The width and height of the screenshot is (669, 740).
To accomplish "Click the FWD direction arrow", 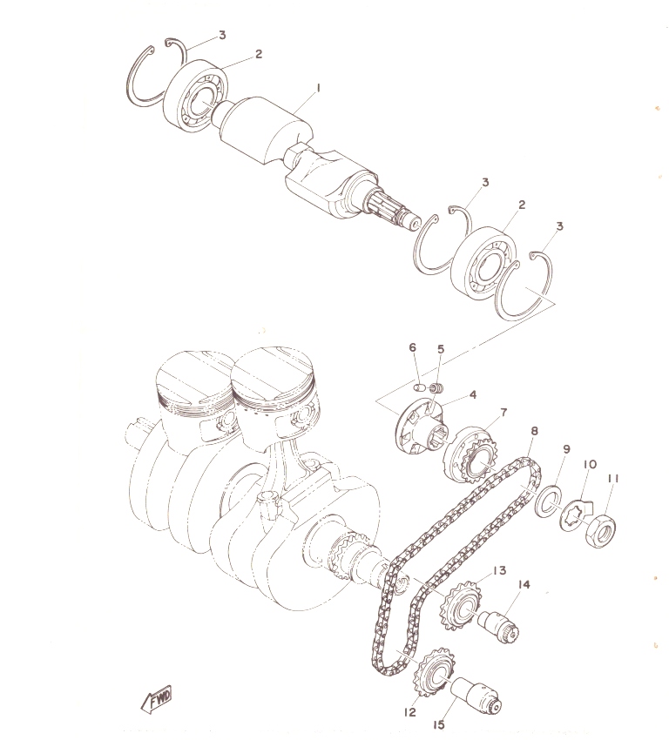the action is pos(157,699).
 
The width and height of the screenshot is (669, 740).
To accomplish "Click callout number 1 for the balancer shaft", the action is pos(318,88).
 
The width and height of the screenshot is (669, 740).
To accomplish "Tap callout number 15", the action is pos(439,724).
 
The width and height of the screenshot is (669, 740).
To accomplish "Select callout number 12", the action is pos(409,712).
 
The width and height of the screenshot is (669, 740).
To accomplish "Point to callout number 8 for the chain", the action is pos(534,431).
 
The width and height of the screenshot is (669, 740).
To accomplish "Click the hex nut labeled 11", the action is pos(600,530).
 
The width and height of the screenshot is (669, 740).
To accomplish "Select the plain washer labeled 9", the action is pos(549,501).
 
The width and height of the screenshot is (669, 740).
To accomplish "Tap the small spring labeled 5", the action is pos(437,388).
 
